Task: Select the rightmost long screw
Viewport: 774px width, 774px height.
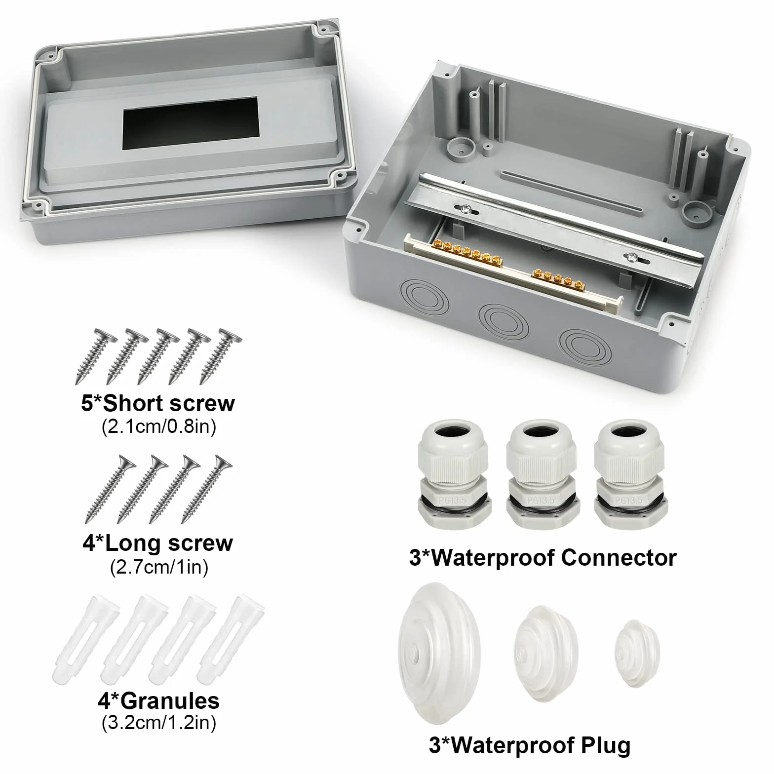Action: pos(207,489)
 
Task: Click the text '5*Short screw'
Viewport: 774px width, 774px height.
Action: pos(158,403)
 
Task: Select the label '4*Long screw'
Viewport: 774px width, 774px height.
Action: pos(157,543)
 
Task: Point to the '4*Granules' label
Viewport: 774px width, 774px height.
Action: pos(158,700)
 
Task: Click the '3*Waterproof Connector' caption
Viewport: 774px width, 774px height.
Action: pos(542,557)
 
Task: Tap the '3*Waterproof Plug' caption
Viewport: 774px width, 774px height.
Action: pos(530,745)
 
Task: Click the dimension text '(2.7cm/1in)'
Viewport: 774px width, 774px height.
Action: pos(158,567)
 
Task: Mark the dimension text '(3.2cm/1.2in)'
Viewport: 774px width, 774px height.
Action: pos(158,724)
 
